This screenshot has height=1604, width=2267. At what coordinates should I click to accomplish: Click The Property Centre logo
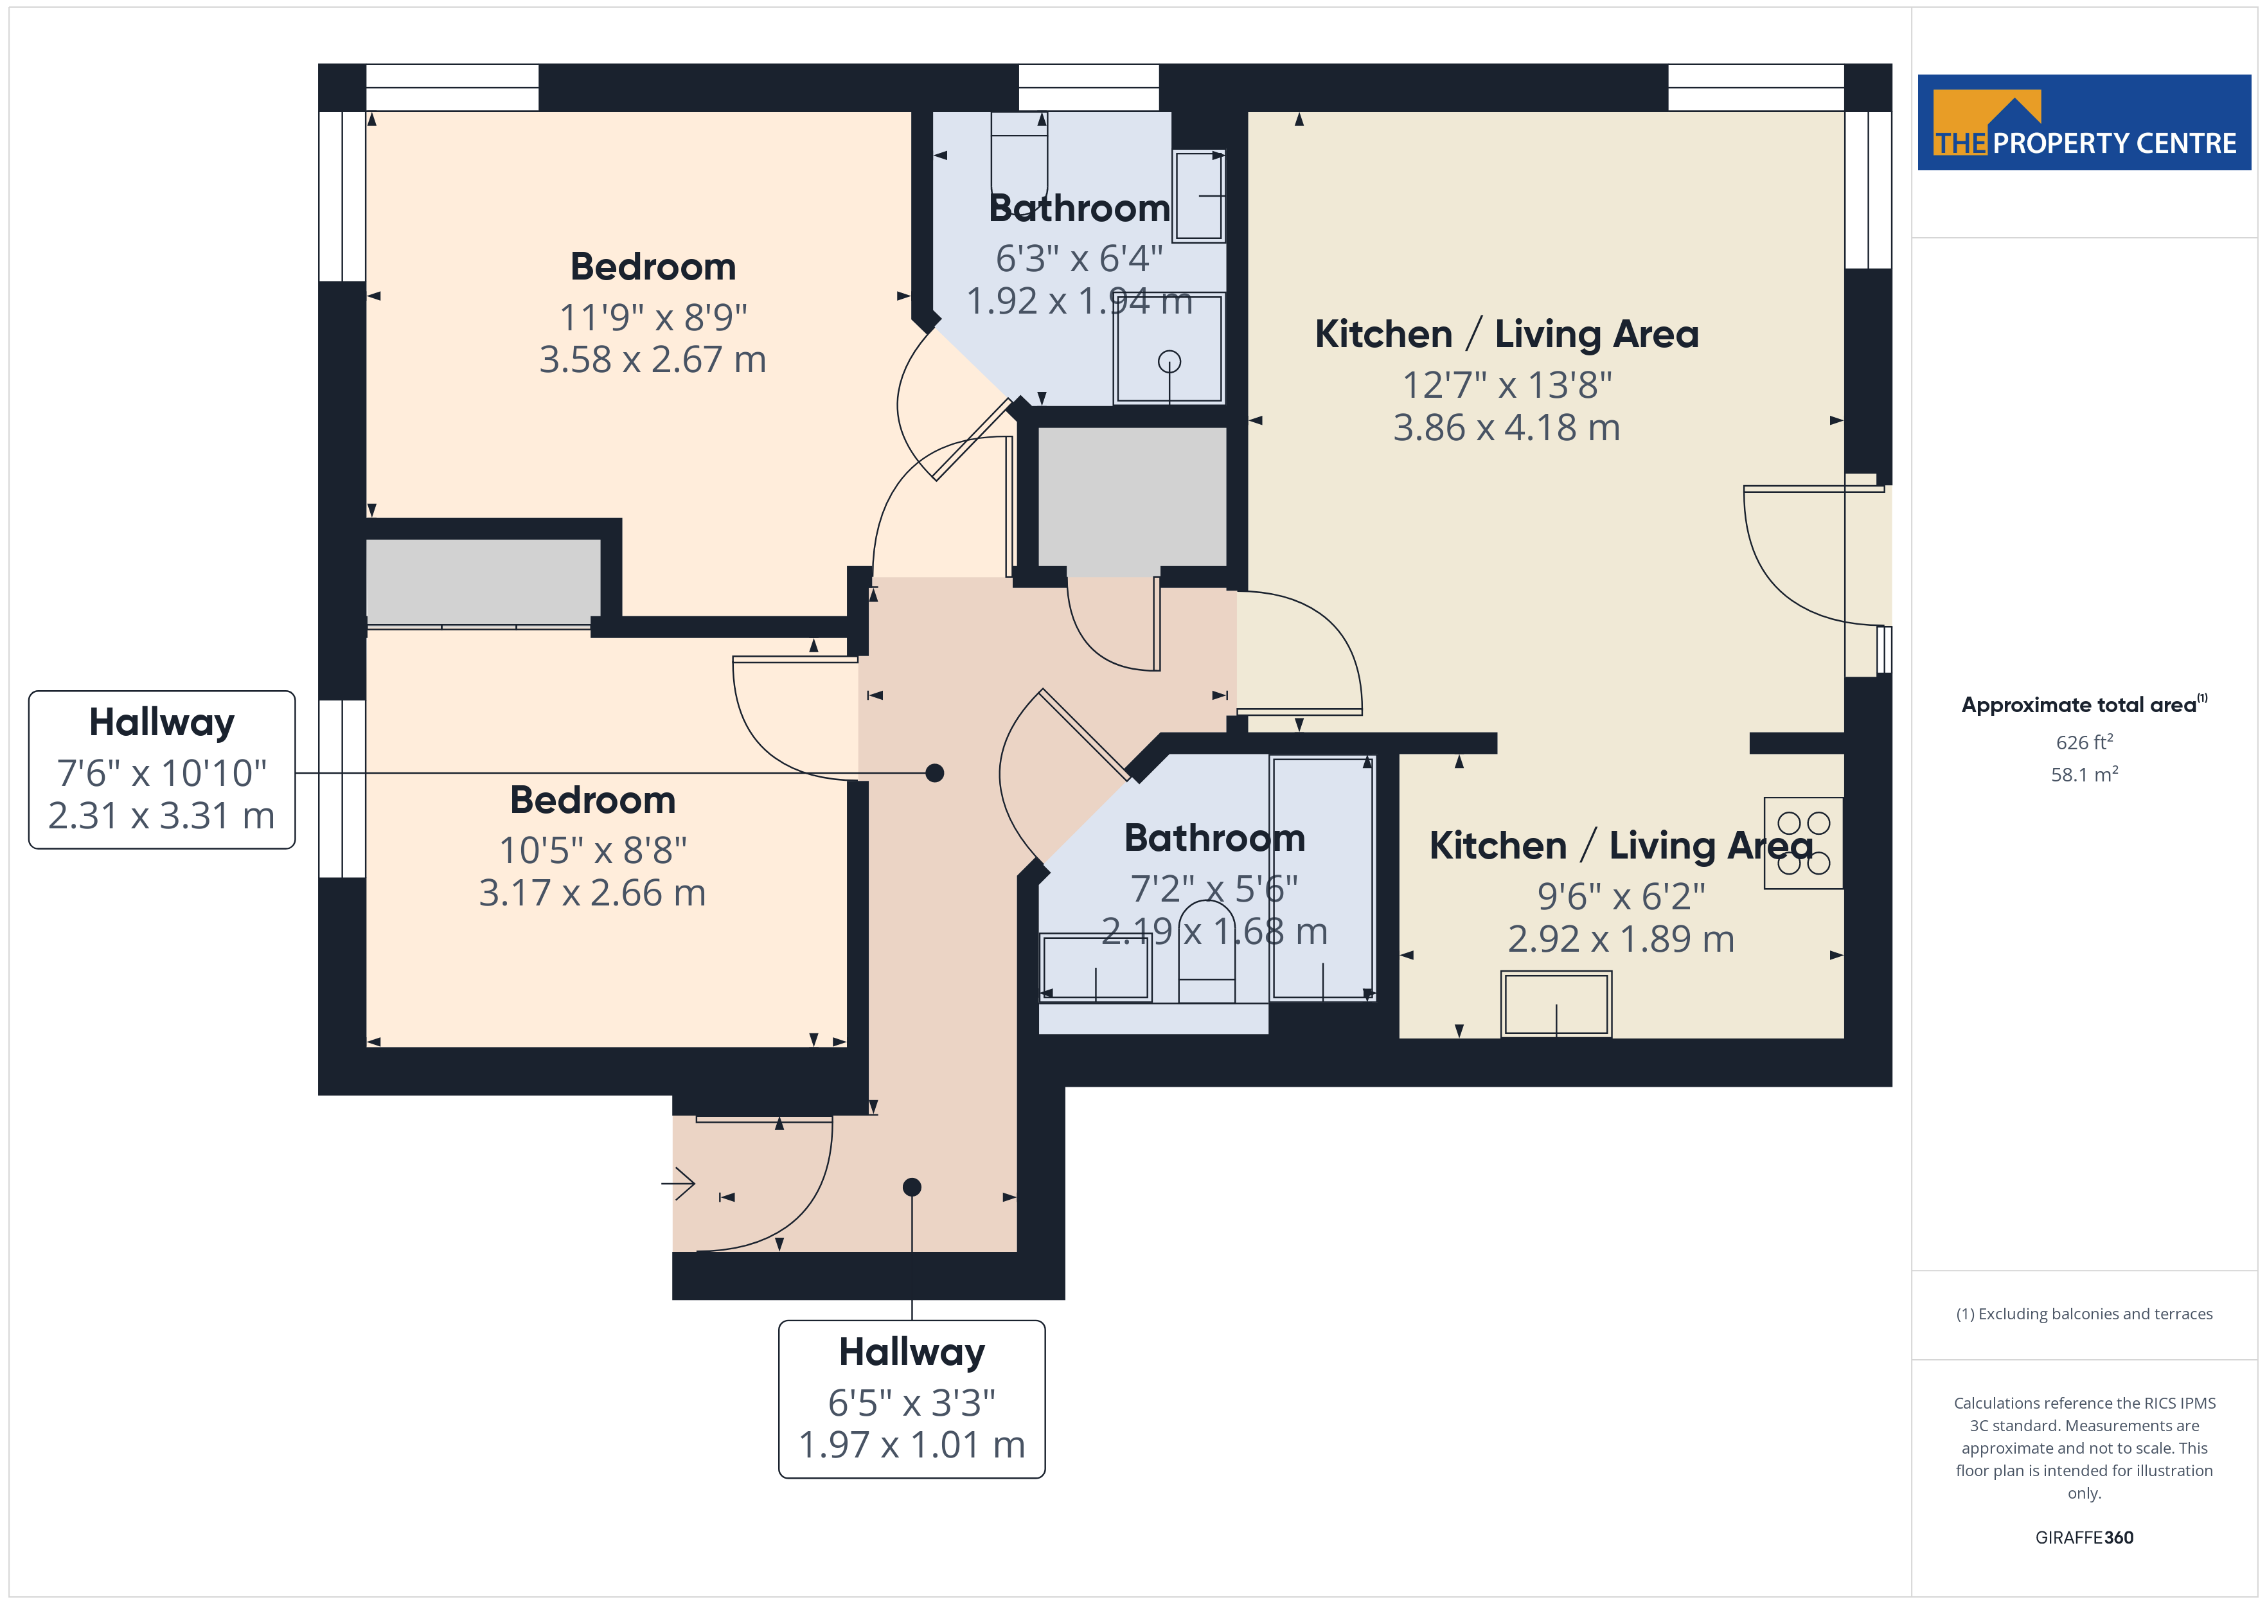point(2083,123)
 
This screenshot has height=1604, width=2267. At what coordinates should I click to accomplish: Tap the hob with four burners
point(1803,842)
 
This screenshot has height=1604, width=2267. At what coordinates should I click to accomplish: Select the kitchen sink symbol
point(1556,1004)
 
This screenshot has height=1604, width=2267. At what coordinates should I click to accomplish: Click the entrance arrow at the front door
point(679,1182)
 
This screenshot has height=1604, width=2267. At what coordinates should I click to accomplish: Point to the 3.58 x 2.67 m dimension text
point(653,359)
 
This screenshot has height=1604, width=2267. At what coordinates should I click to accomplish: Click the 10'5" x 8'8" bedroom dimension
point(592,850)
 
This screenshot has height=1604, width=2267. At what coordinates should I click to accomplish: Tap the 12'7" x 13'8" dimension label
point(1507,384)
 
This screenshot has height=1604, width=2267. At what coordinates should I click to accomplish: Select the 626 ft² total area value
point(2085,742)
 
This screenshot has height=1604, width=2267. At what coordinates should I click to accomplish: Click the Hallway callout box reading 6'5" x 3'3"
point(911,1398)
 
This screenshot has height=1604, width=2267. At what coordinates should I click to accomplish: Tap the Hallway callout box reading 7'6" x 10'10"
point(162,769)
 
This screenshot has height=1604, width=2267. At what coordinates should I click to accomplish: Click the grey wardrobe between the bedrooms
point(483,582)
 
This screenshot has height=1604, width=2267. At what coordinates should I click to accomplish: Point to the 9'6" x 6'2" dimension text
point(1621,896)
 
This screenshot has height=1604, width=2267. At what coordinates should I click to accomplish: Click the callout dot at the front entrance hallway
point(911,1186)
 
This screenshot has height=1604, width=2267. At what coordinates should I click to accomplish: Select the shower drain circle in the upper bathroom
point(1169,362)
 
